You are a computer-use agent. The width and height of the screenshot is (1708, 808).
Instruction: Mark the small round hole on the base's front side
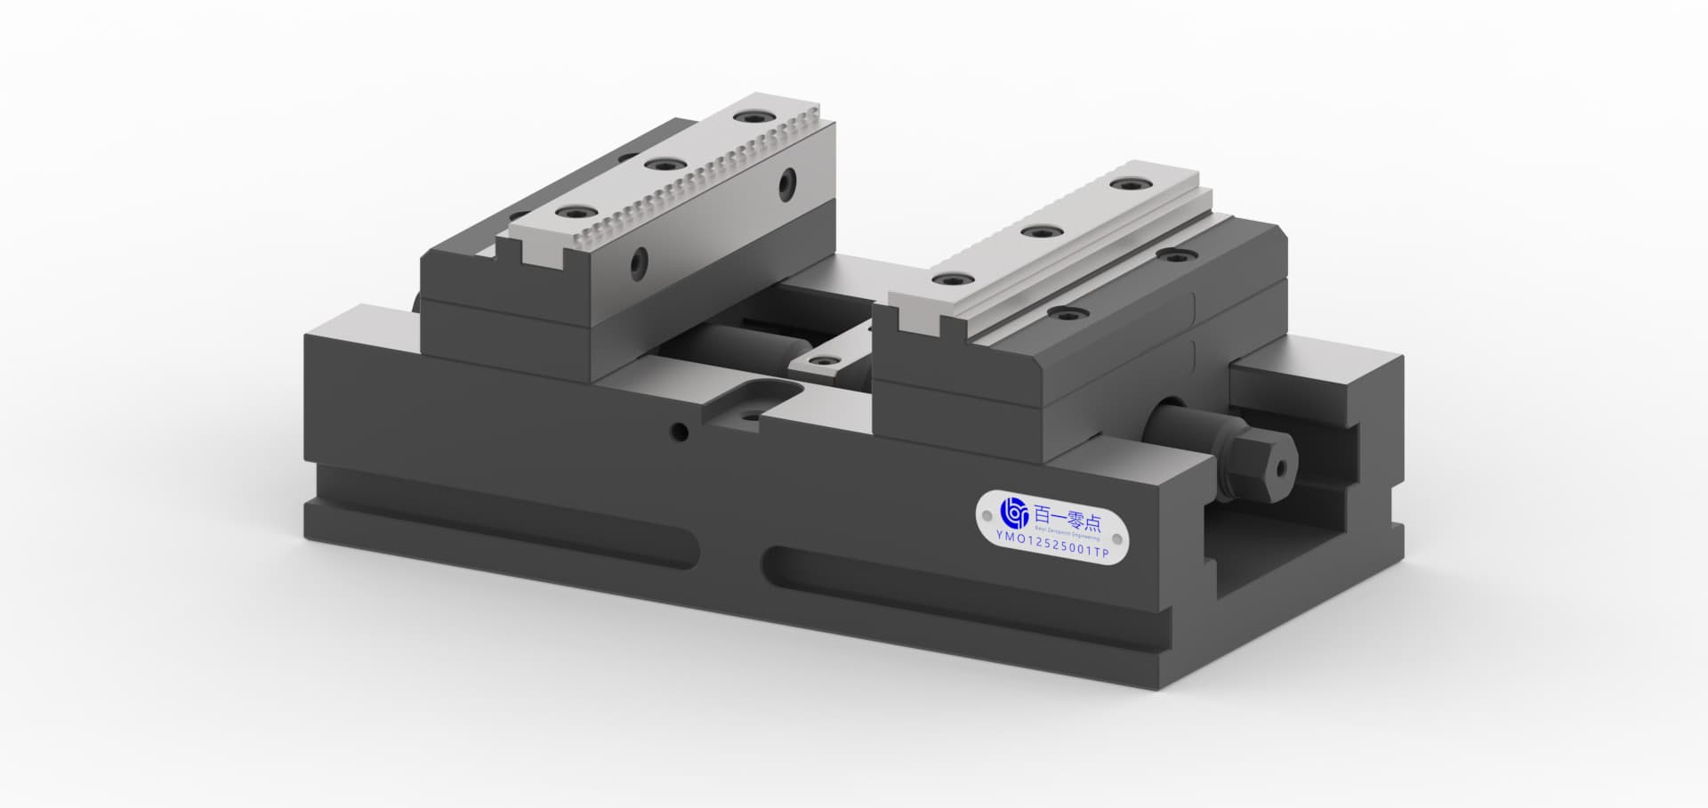coord(680,432)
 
